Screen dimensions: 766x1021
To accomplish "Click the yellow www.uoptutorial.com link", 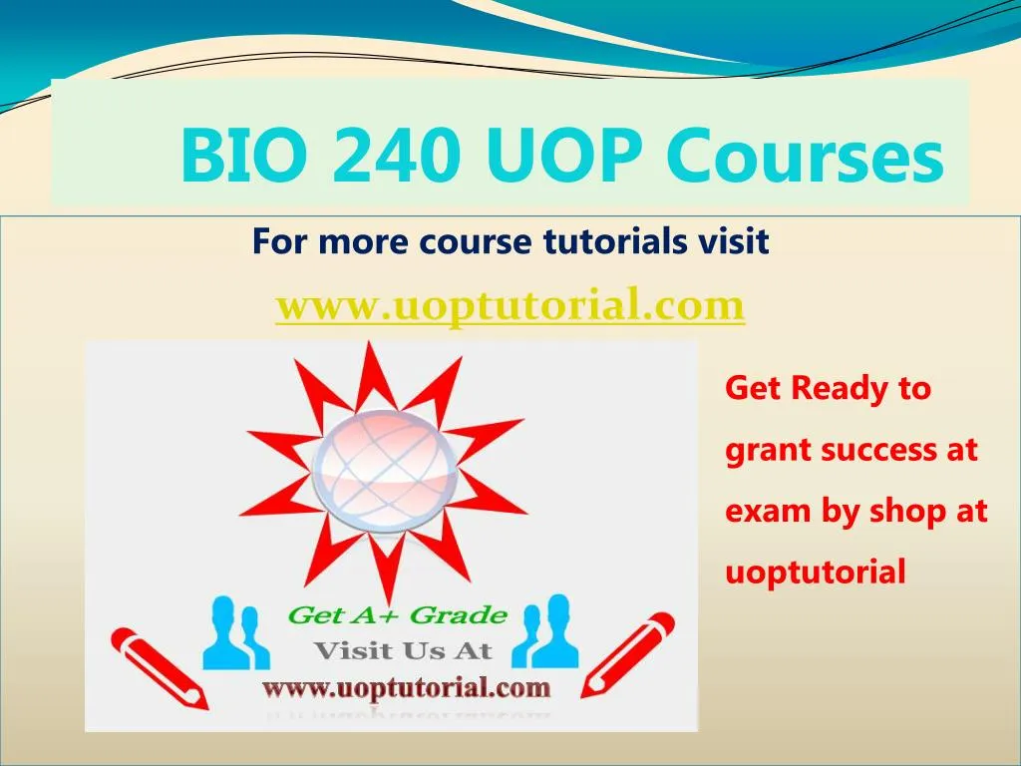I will [510, 304].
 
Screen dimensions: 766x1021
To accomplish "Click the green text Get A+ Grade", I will [397, 615].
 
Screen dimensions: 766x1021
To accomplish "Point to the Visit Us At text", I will [403, 651].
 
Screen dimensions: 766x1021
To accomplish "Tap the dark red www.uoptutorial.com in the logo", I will [406, 687].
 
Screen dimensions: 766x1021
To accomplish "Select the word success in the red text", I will [877, 450].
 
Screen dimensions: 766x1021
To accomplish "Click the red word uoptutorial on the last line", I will [815, 573].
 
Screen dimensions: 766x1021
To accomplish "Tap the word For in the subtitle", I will [276, 241].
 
